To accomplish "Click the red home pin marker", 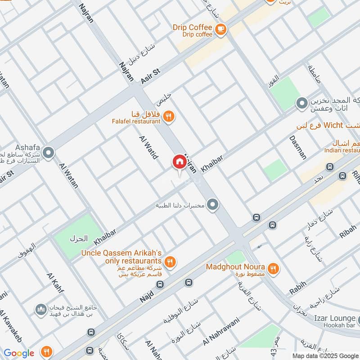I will point(179,162).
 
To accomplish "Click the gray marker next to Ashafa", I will point(49,153).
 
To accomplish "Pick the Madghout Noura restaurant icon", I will point(273,269).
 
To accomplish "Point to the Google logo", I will point(19,353).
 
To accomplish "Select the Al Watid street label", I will point(148,147).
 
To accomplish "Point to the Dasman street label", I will point(298,147).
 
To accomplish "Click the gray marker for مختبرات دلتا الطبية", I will point(213,205).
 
